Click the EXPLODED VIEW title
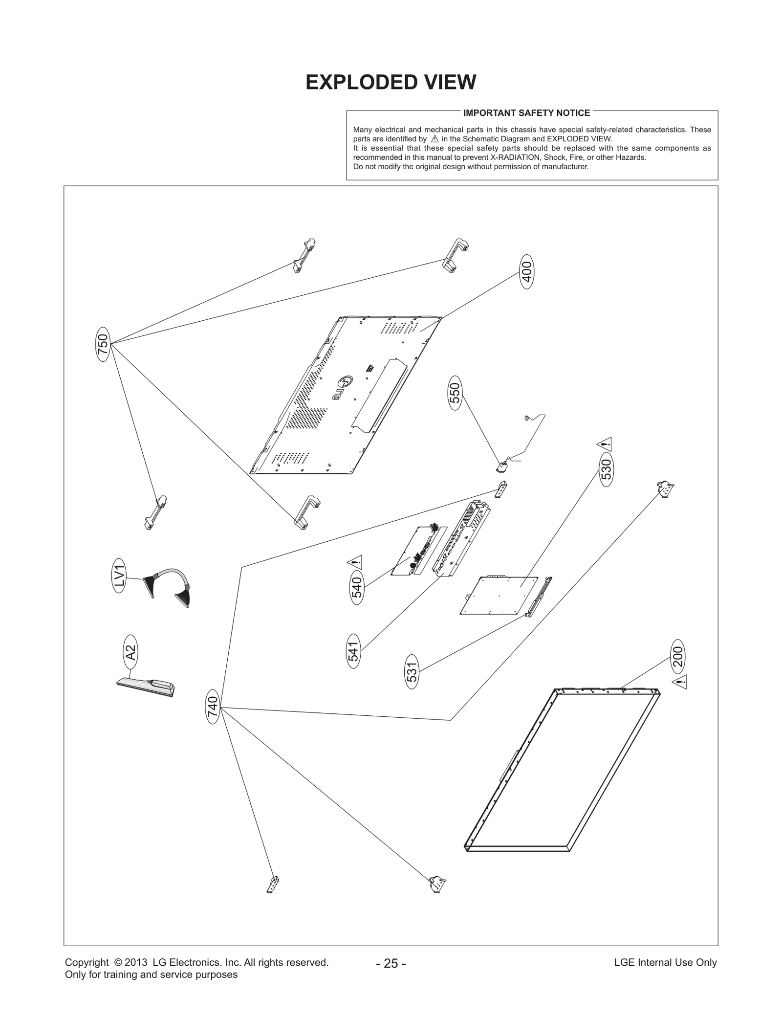click(x=391, y=82)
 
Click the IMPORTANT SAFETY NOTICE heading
click(x=526, y=113)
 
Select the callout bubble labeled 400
click(x=526, y=272)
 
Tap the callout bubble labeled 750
click(x=103, y=344)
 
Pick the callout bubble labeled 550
click(x=455, y=393)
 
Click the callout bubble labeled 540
click(x=357, y=587)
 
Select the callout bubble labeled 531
click(x=412, y=672)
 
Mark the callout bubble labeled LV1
click(x=119, y=576)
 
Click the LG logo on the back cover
click(x=342, y=388)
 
